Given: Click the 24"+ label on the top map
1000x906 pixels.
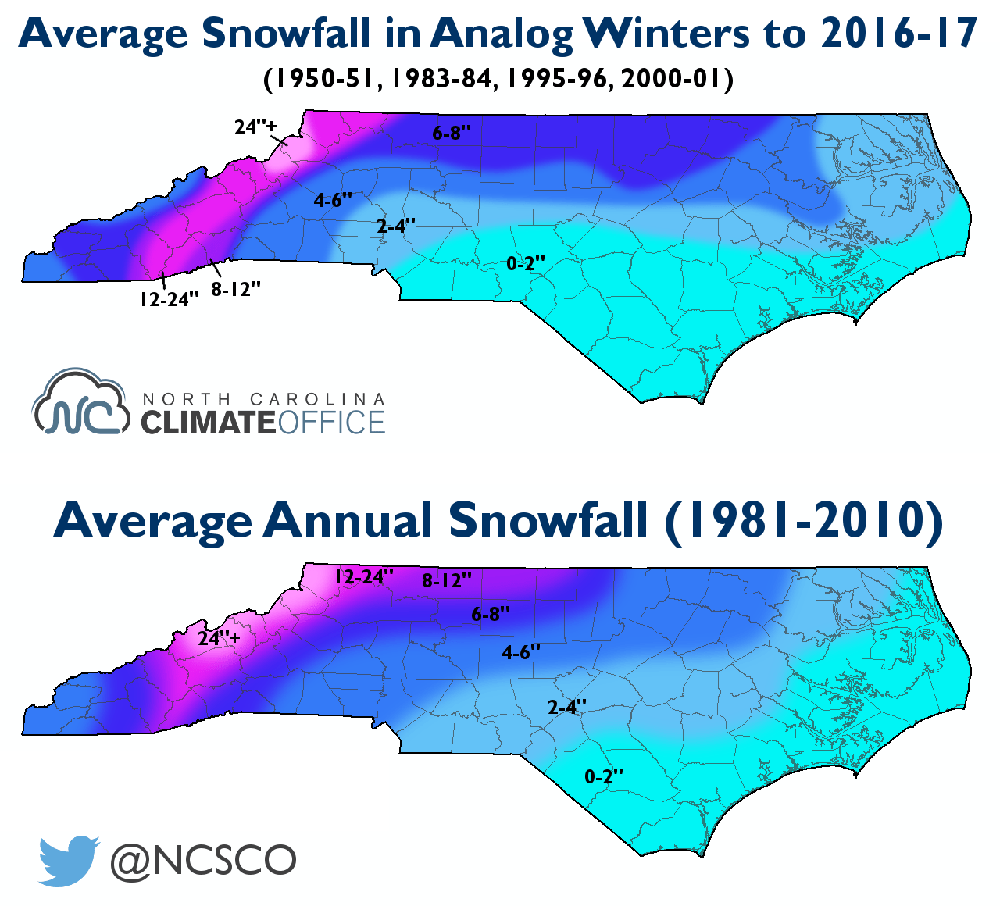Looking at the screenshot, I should tap(256, 127).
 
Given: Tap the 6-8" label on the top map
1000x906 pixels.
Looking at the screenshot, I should tap(452, 134).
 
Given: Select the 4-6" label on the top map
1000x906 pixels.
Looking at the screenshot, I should tap(334, 201).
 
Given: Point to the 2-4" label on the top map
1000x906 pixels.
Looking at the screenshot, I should tap(396, 226).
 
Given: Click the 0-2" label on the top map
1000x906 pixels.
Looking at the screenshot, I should tap(526, 264).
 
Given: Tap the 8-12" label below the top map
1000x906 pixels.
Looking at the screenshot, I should tap(236, 289).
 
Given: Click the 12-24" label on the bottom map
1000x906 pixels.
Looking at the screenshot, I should tap(364, 577).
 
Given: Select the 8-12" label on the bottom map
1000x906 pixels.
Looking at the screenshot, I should tap(447, 580).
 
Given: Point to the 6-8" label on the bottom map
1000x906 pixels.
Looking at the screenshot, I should tap(491, 614).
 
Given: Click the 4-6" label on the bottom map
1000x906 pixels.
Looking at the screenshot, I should tap(521, 652).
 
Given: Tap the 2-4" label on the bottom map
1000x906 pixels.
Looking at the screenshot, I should tap(567, 708).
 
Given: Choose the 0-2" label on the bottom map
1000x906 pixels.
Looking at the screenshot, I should tap(605, 776).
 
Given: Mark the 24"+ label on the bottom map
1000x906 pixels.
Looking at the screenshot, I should tap(220, 638).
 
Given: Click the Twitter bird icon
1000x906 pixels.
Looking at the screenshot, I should tap(69, 860).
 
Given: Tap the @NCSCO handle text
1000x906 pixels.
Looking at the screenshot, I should tap(203, 861).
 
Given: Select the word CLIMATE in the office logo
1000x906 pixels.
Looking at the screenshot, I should tap(208, 423).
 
